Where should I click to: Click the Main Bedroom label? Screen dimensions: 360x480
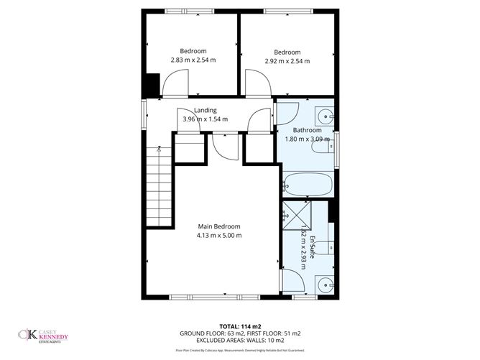pos(218,226)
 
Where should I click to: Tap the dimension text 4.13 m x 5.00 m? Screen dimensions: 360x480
pos(218,235)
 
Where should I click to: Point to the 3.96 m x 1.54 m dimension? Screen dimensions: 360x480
pos(205,119)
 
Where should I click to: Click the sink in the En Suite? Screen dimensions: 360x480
pos(325,284)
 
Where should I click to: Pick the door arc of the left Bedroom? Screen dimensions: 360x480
pos(176,86)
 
